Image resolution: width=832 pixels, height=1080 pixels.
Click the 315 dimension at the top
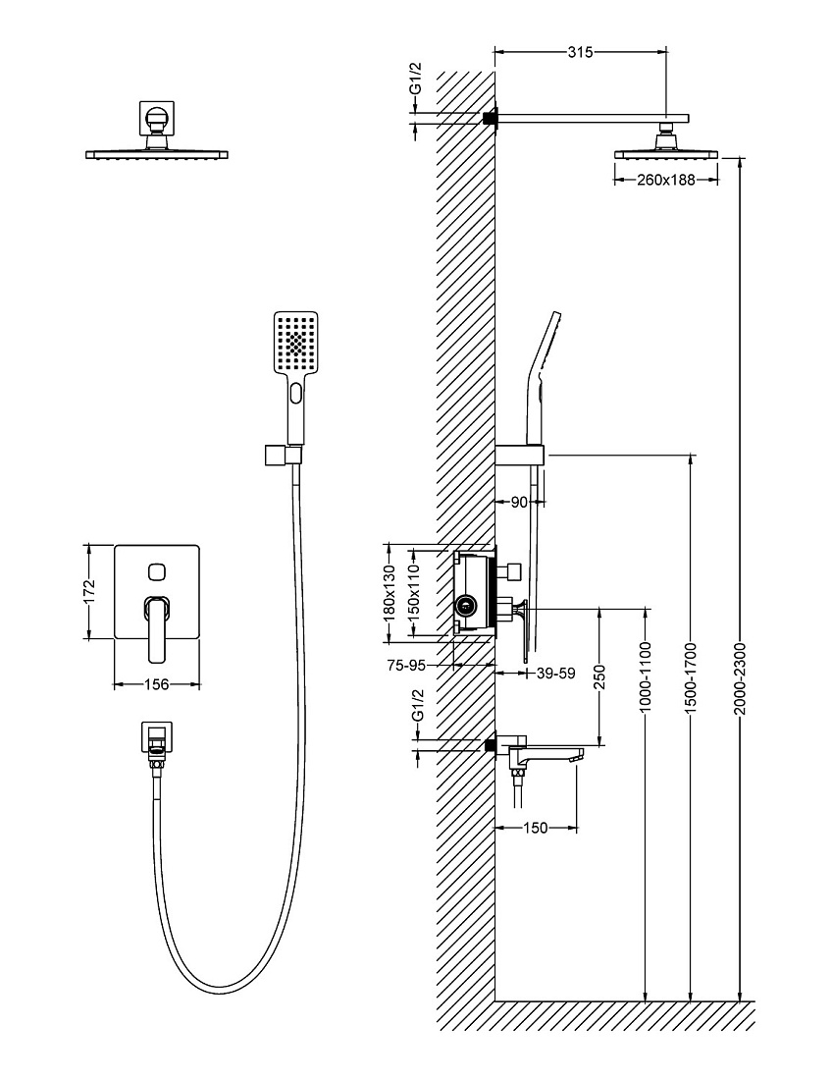point(580,52)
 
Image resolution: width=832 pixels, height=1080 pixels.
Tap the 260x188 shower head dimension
point(665,181)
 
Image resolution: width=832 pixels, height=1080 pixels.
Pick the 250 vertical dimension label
point(599,676)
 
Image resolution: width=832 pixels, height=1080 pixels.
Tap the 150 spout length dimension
point(535,828)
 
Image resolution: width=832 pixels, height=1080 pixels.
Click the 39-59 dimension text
point(555,673)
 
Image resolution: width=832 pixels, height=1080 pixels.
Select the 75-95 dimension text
point(407,665)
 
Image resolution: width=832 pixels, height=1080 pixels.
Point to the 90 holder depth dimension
point(519,502)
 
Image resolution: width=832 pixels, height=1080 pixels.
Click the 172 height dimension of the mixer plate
point(88,592)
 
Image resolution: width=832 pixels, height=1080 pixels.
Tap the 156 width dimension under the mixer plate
point(156,684)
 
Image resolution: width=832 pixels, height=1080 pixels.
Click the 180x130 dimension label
point(390,592)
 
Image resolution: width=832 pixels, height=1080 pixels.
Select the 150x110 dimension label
point(414,592)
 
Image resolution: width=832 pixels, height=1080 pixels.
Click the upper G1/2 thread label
point(416,79)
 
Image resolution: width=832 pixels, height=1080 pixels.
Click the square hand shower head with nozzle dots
point(296,343)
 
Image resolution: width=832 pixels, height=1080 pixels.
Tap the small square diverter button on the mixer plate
point(157,571)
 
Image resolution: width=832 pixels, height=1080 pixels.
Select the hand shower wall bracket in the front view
point(283,456)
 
